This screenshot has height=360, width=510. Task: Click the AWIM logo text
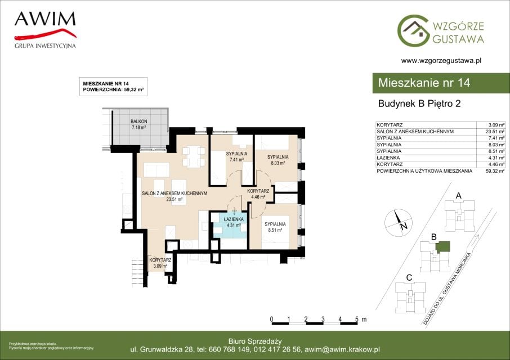point(45,19)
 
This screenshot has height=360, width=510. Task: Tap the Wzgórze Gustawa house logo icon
point(413,30)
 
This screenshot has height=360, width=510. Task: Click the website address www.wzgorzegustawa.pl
point(441,60)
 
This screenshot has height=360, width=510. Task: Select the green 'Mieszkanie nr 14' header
point(441,83)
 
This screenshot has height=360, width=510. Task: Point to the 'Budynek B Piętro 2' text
point(419,103)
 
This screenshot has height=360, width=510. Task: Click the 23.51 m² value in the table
point(495,132)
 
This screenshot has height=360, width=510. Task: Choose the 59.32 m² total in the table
point(495,171)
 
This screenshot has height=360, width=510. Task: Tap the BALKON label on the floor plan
point(139,121)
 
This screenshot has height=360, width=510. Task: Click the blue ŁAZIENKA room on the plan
point(230,225)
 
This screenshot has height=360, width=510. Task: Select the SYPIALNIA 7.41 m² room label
point(236,156)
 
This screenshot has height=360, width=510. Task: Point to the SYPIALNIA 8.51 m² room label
point(275,227)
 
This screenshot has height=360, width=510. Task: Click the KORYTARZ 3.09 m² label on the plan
point(160,263)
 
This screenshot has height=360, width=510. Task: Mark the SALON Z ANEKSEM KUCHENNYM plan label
point(175,196)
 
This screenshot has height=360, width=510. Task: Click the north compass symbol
point(399,223)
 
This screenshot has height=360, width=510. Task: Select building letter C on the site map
point(409,278)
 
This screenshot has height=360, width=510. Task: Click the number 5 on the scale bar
point(357,319)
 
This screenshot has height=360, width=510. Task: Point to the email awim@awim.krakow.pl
point(342,350)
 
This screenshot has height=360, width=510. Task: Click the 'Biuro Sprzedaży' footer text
point(255,341)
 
